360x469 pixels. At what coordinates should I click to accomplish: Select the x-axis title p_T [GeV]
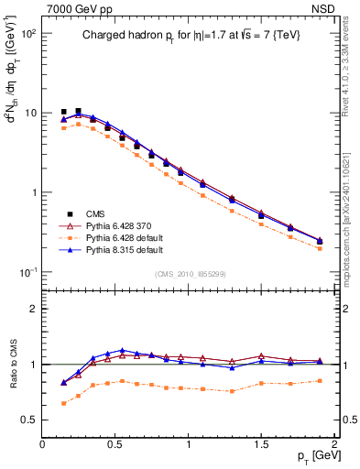(314, 455)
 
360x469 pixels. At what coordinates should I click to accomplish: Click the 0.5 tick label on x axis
(115, 443)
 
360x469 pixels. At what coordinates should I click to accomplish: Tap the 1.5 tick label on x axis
(262, 443)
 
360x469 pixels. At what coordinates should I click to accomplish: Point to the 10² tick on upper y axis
(27, 34)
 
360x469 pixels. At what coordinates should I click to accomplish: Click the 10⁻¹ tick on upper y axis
(27, 273)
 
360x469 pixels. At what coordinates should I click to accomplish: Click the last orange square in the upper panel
(320, 248)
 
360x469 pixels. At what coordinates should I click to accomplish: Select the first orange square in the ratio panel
(63, 403)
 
